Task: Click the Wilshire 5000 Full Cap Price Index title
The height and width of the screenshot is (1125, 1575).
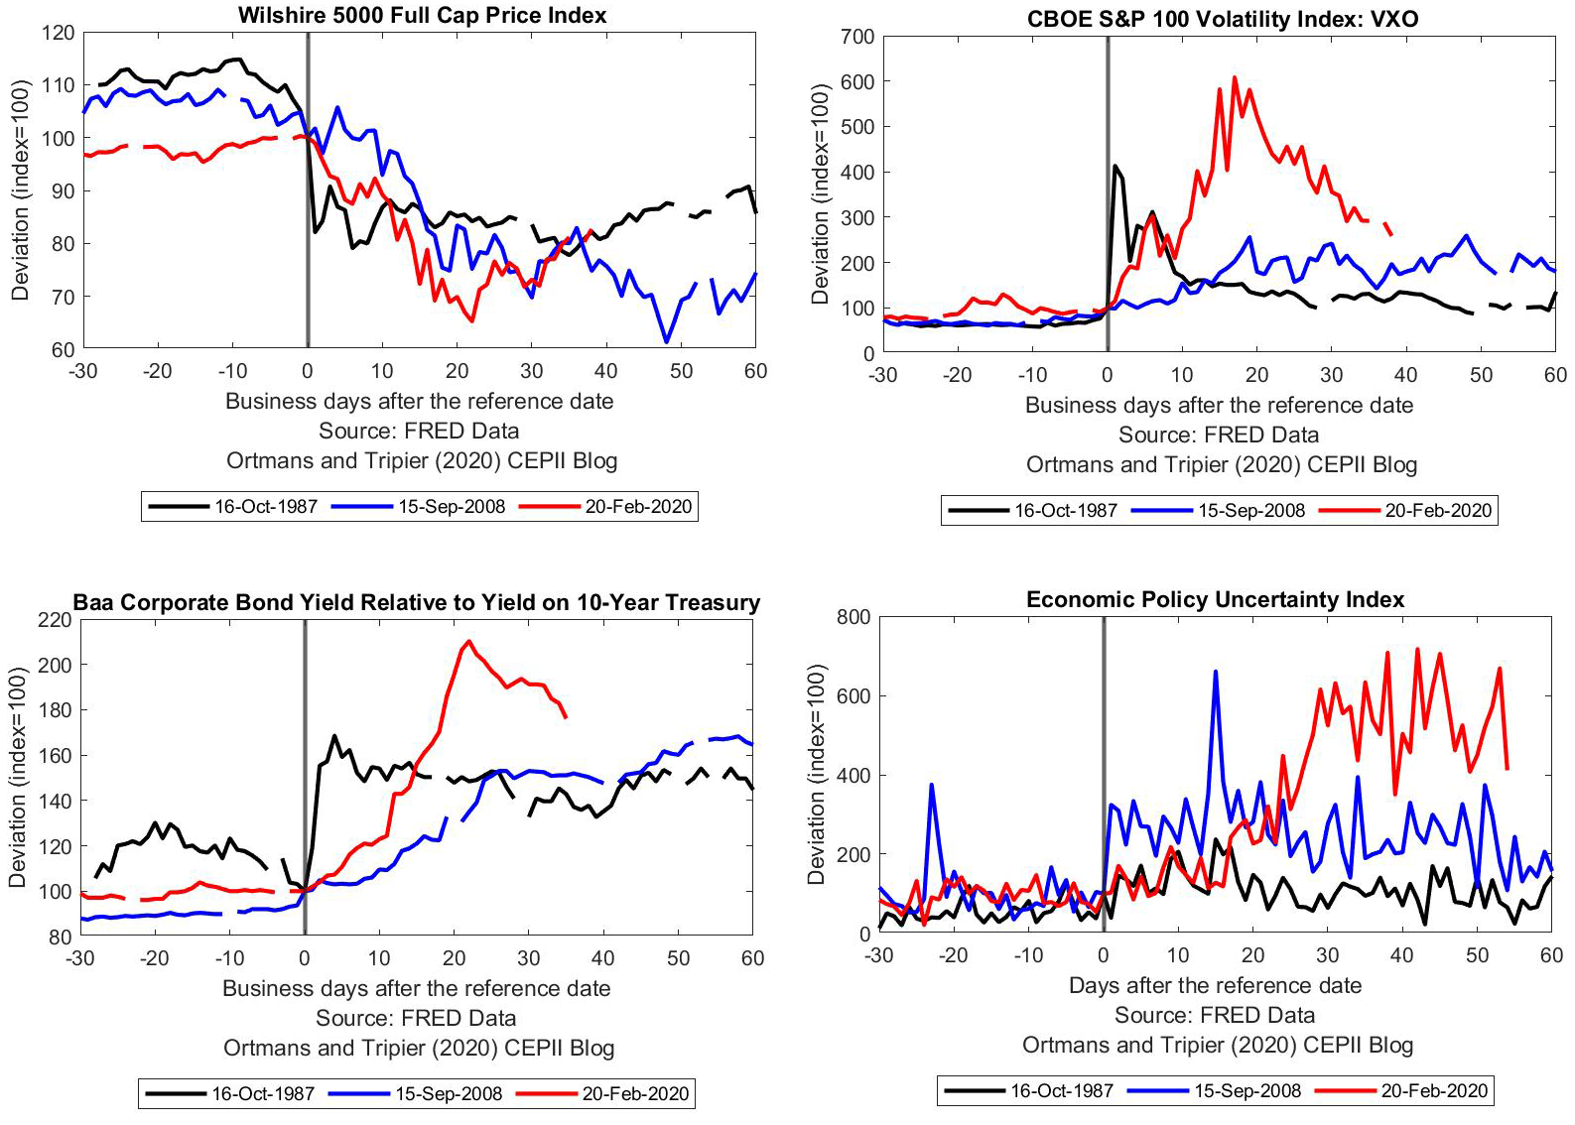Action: [422, 15]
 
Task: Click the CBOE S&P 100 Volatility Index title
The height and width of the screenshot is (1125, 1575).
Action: [1223, 19]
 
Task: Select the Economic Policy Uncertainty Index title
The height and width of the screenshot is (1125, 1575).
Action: [1215, 599]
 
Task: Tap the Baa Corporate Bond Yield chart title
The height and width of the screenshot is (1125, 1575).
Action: [416, 602]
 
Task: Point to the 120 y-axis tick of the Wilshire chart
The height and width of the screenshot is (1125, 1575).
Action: [59, 33]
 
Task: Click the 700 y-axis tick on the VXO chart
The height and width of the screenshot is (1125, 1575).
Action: [858, 37]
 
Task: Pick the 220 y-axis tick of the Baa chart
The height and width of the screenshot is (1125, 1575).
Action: [56, 620]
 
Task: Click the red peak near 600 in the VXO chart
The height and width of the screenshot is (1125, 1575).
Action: [1235, 77]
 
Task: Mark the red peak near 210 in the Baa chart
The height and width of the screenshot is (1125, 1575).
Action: [468, 641]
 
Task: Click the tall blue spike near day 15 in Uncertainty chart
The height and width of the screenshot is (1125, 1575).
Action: [1216, 672]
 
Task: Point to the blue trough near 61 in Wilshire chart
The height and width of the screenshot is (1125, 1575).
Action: [666, 341]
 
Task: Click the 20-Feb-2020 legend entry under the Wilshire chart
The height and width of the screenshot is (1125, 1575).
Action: [637, 506]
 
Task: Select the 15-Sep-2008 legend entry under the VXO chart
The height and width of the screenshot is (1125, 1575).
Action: [1250, 510]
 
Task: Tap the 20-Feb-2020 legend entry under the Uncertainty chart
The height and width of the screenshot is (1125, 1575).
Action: [1434, 1090]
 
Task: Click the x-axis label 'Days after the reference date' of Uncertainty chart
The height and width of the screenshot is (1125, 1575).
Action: [1215, 985]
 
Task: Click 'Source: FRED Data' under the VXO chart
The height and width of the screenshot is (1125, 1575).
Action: [1219, 435]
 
